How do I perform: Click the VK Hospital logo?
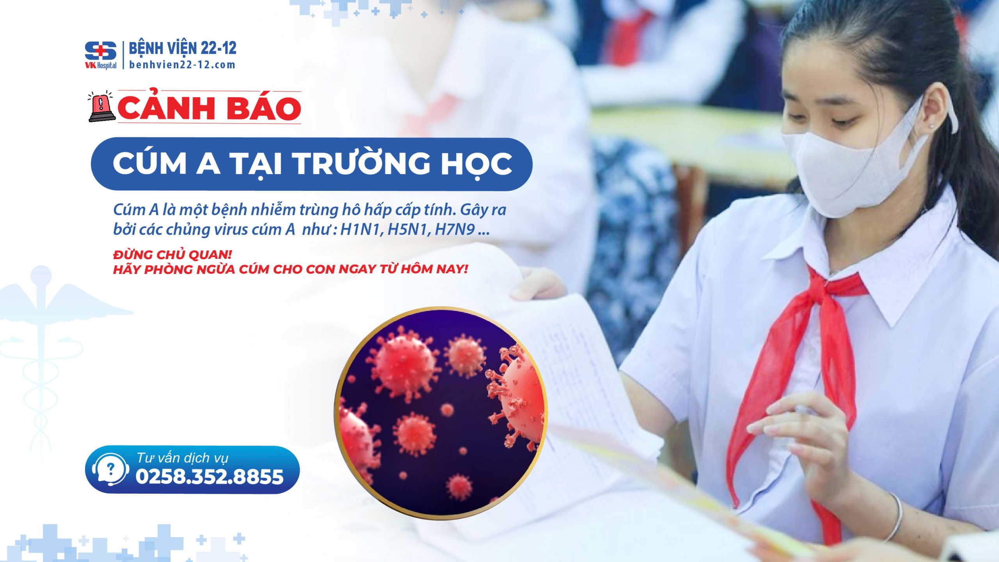click(101, 55)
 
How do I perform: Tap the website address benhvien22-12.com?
click(182, 65)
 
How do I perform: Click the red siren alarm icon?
click(101, 107)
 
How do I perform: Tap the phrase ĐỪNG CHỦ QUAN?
click(172, 255)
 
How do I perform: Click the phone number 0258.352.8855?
click(210, 477)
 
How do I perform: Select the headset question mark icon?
click(110, 470)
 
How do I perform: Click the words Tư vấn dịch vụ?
click(182, 458)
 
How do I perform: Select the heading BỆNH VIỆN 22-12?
click(183, 48)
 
